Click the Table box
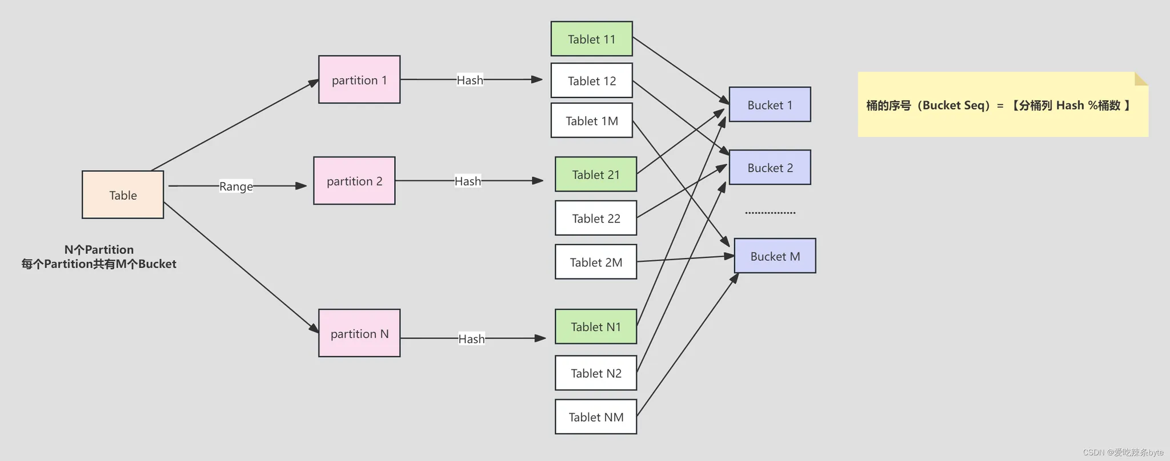123,195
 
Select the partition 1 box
359,79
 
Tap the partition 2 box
354,181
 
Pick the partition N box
359,333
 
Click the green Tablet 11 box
591,39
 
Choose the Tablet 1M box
591,120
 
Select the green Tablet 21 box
596,174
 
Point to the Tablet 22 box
596,218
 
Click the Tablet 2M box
596,262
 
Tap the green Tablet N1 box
596,326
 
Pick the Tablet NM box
596,416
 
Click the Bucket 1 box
770,104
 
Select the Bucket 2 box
770,167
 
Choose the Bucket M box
775,256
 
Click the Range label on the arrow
236,186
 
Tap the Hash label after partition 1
470,80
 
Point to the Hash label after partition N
471,338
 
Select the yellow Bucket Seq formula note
997,105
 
